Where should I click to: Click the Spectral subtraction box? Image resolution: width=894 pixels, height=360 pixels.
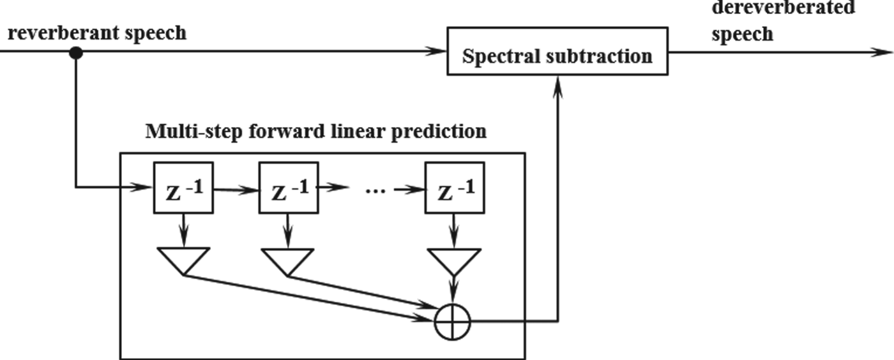[557, 51]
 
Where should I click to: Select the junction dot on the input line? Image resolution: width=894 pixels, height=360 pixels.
[75, 53]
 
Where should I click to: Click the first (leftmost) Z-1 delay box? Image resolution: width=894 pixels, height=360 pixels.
[183, 188]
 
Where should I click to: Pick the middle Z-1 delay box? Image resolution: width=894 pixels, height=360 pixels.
[287, 188]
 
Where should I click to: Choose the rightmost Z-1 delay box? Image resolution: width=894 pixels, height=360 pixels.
[454, 188]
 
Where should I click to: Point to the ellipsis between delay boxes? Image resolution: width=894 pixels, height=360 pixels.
[370, 190]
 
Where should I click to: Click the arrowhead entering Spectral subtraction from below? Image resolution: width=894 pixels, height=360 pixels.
[559, 83]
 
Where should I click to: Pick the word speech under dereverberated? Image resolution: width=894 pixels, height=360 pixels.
[742, 33]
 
